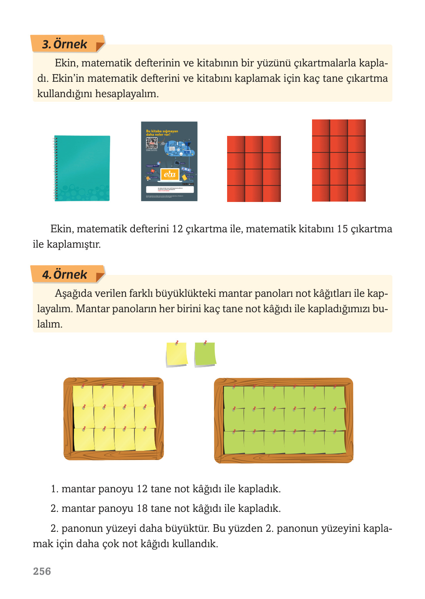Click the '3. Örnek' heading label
point(65,44)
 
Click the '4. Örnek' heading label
point(65,275)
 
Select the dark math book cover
point(169,161)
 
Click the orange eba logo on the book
point(169,175)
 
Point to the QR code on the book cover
point(151,143)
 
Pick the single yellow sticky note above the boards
point(176,354)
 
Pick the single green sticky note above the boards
point(205,354)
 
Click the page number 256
point(42,571)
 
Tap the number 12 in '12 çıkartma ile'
point(177,229)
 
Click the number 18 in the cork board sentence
point(142,508)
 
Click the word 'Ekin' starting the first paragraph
point(65,63)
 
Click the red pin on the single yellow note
point(177,342)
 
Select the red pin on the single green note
point(206,342)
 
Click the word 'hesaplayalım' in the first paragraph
point(127,94)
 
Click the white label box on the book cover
point(169,189)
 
